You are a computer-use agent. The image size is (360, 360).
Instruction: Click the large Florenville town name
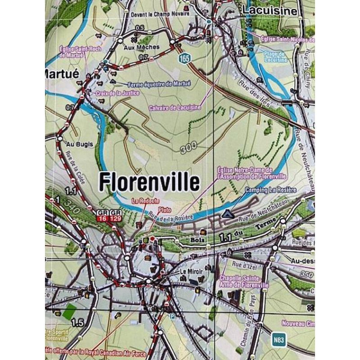click(x=149, y=182)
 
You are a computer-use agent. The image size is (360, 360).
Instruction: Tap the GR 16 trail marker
click(x=103, y=216)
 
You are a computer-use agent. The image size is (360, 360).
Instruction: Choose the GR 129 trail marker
click(x=116, y=216)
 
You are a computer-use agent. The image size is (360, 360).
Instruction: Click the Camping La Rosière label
click(x=270, y=190)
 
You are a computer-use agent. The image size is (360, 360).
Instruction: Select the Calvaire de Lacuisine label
click(x=175, y=108)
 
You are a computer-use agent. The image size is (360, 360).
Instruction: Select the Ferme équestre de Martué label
click(x=160, y=84)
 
